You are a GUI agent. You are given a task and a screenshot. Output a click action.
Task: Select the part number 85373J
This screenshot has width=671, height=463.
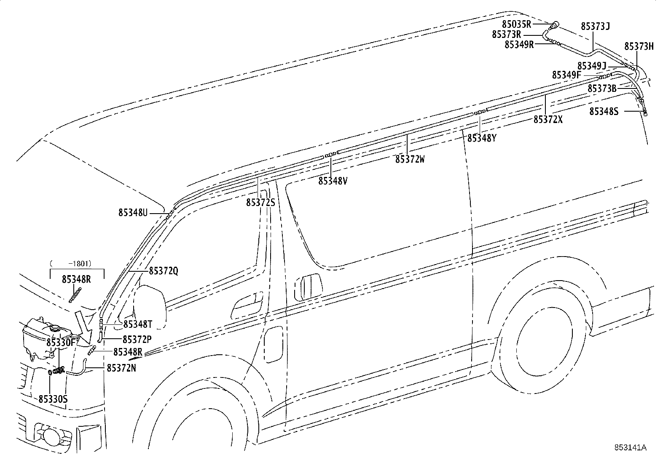595,27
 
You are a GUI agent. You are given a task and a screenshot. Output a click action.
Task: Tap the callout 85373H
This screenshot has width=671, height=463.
639,46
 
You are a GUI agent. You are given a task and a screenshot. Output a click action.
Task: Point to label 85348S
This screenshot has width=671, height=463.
604,111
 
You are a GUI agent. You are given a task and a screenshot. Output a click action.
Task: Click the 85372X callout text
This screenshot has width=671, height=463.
548,119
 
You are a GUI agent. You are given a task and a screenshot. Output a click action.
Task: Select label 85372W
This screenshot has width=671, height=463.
410,159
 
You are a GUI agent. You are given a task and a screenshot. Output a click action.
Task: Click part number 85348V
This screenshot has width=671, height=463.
333,181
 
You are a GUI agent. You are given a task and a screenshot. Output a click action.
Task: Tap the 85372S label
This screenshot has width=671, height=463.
260,203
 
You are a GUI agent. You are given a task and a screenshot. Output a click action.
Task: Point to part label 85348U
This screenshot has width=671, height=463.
133,213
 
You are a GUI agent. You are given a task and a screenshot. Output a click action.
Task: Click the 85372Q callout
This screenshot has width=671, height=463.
164,271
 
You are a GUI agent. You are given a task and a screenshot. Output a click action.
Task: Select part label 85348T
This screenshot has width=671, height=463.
137,324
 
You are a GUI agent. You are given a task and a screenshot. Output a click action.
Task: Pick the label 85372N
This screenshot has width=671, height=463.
121,368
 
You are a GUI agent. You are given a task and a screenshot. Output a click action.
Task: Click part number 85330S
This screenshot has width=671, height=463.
53,399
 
